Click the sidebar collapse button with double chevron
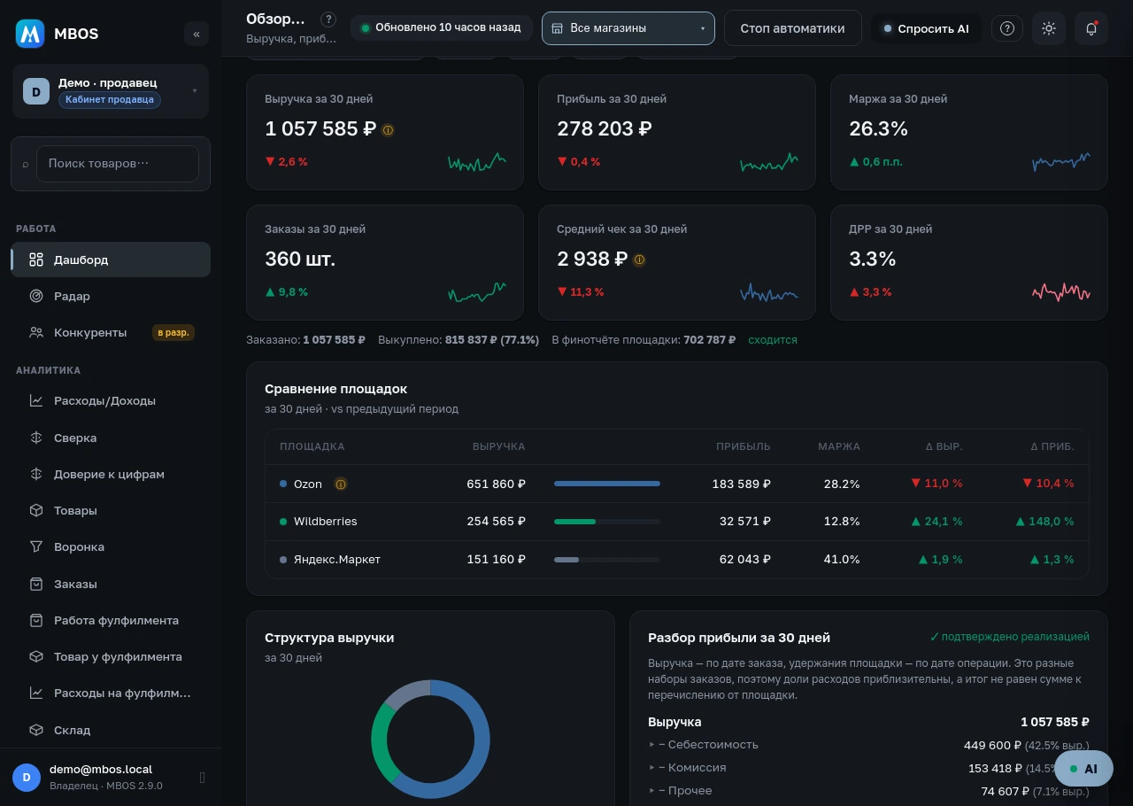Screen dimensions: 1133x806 tap(197, 34)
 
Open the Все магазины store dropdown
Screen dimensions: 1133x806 tap(628, 28)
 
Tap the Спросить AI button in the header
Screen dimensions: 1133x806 tap(926, 29)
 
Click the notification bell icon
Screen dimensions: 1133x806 tap(1091, 28)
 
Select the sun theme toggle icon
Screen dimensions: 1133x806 tap(1049, 28)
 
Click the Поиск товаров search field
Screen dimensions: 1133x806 tap(118, 164)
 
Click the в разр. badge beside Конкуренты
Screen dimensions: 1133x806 tap(173, 333)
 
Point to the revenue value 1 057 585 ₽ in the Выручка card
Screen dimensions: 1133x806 tap(320, 128)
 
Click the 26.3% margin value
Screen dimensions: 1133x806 tap(878, 128)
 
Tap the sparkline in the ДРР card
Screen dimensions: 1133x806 tap(1060, 292)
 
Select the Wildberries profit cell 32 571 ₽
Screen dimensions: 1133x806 tap(744, 522)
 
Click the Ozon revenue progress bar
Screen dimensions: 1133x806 tap(607, 484)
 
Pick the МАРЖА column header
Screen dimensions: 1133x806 tap(838, 446)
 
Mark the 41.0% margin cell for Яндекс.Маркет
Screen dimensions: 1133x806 tap(841, 560)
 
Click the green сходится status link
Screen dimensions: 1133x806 tap(773, 340)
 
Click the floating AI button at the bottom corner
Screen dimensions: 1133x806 tap(1083, 769)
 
